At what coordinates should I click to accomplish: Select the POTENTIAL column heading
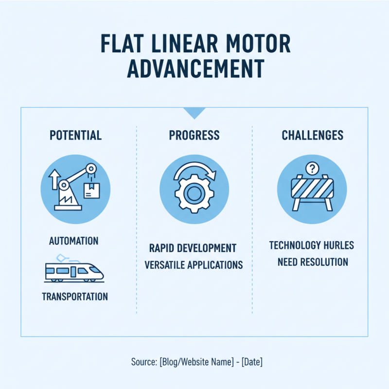coord(75,135)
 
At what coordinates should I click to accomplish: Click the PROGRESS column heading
coord(194,135)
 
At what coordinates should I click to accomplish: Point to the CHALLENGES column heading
coord(313,135)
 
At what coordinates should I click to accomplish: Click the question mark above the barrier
coord(311,169)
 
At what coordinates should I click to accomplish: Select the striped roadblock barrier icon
coord(312,191)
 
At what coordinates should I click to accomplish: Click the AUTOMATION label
coord(74,241)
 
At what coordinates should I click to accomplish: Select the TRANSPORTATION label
coord(75,297)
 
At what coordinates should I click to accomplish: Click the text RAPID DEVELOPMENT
coord(193,248)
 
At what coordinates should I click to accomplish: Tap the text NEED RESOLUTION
coord(313,262)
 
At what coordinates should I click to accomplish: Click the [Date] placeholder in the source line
coord(252,362)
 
